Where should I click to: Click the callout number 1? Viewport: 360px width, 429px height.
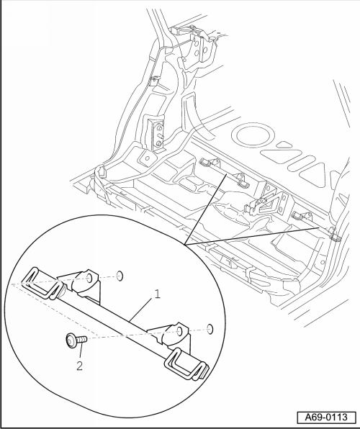pos(157,294)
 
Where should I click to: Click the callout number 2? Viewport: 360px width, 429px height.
pos(79,366)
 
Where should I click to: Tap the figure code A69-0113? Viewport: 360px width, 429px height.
pos(326,417)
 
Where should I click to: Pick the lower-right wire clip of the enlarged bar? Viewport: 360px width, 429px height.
pos(187,363)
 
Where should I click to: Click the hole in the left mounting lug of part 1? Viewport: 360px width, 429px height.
pos(89,279)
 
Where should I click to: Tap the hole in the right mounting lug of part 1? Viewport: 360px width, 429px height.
pos(179,331)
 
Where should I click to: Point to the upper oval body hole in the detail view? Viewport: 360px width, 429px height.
pos(120,276)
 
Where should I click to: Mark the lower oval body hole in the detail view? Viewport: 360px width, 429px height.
pos(210,329)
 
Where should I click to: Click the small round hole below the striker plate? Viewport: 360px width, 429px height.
pos(148,158)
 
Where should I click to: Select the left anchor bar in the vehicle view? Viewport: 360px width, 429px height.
pos(223,173)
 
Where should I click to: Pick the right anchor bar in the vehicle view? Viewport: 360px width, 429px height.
pos(317,226)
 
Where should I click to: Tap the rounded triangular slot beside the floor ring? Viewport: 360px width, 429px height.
pos(282,145)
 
